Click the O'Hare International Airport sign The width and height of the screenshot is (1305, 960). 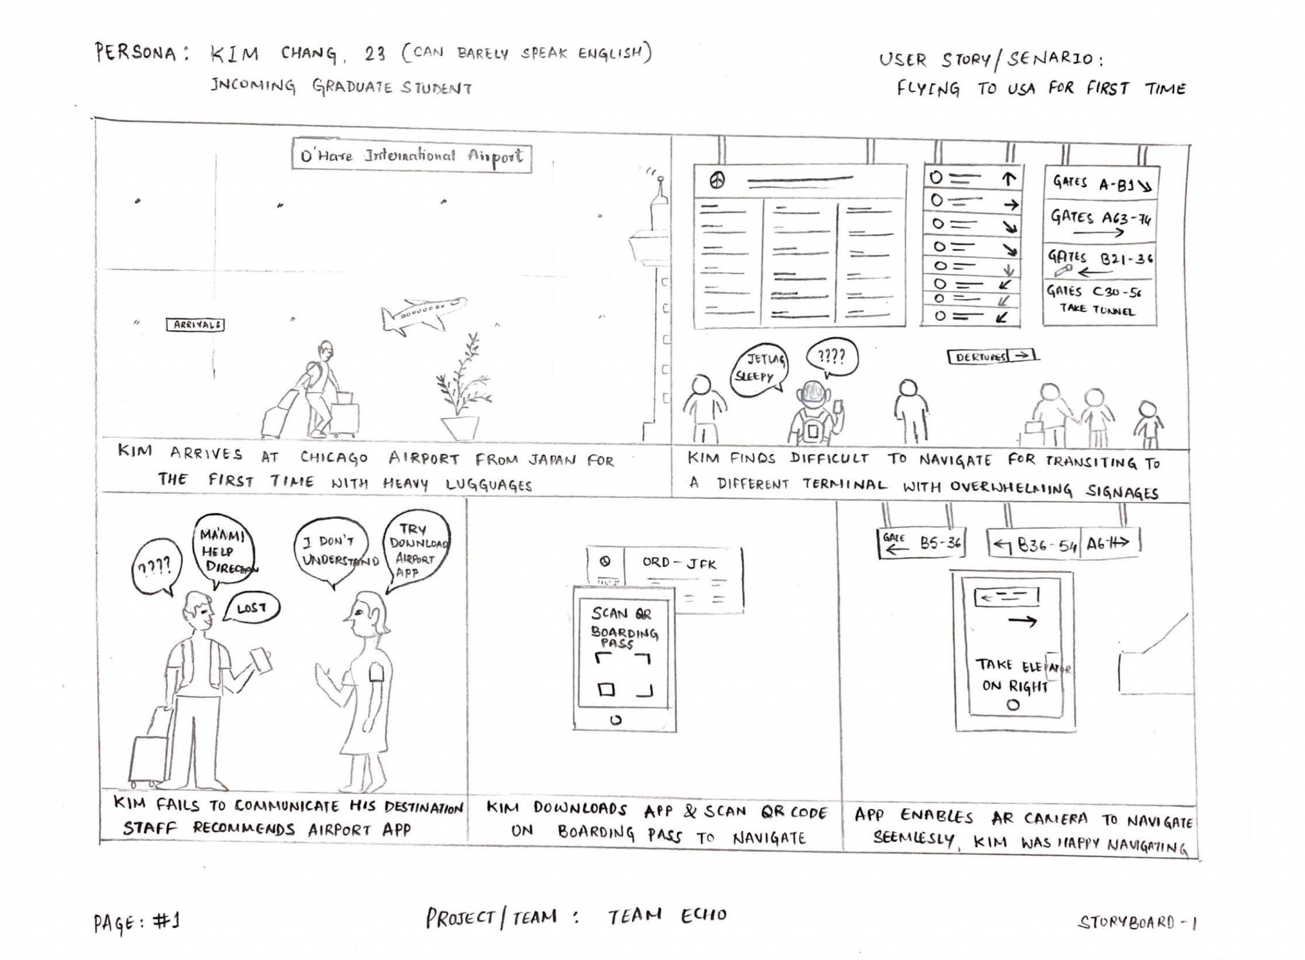411,156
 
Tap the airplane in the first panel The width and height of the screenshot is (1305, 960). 423,314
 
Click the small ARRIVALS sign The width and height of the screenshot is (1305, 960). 196,325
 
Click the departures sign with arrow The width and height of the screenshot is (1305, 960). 992,356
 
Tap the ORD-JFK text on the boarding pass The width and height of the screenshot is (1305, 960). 679,563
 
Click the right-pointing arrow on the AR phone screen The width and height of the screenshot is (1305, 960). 1022,621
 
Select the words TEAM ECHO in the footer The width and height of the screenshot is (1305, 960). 667,916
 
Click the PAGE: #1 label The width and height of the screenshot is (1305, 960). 137,922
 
